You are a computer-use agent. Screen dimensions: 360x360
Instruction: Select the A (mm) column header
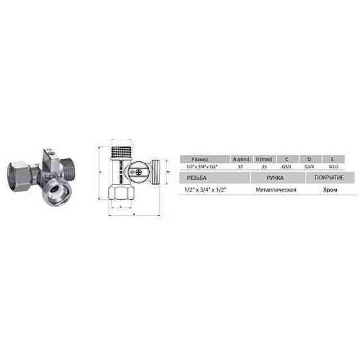(240, 158)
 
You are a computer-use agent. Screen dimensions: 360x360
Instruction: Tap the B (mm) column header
(264, 158)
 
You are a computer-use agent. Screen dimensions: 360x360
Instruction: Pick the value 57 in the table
(240, 166)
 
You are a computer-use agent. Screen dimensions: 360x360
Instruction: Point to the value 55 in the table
(264, 166)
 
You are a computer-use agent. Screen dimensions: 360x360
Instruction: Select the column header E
(332, 158)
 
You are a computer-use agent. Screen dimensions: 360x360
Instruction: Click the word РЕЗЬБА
(196, 177)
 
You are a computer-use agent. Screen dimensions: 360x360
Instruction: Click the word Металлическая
(275, 190)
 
